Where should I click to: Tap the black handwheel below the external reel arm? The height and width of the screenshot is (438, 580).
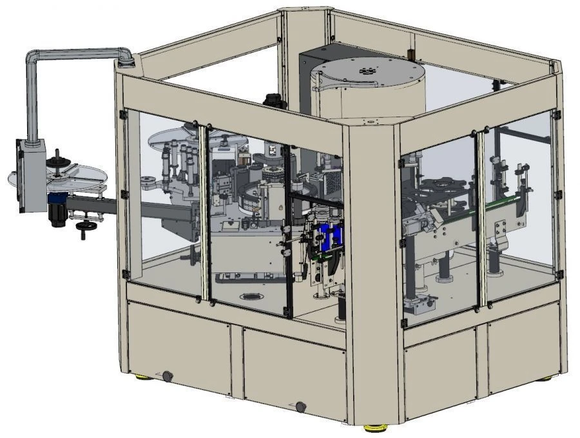click(x=83, y=226)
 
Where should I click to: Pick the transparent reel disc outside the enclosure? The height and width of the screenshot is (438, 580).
click(x=58, y=175)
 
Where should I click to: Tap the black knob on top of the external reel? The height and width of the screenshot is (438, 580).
click(x=57, y=153)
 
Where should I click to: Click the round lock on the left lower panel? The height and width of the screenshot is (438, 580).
click(x=167, y=376)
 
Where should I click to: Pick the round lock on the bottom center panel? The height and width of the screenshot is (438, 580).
click(x=300, y=406)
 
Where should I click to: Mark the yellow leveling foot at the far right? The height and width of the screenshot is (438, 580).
click(x=545, y=377)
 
